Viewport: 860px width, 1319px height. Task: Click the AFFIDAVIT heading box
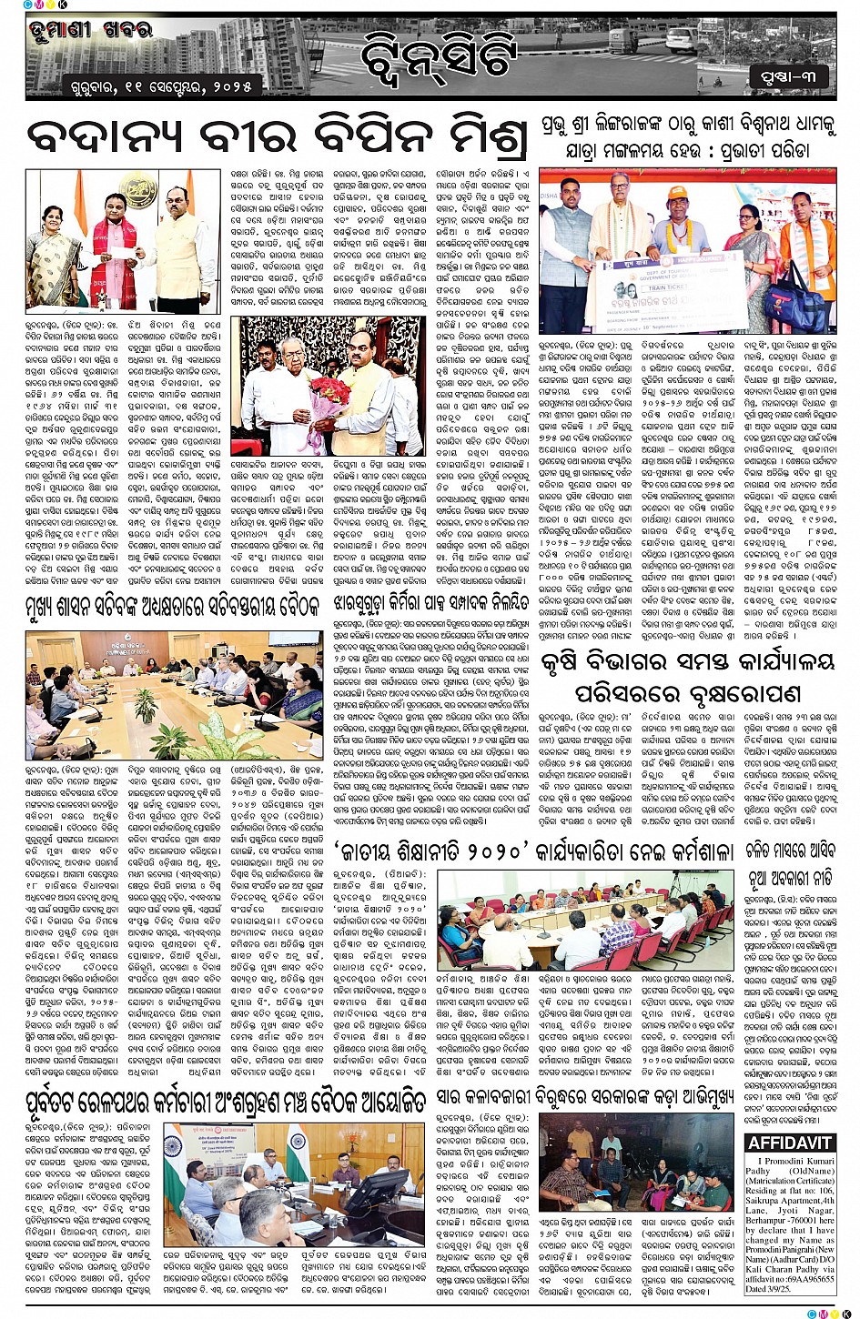(790, 1143)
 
